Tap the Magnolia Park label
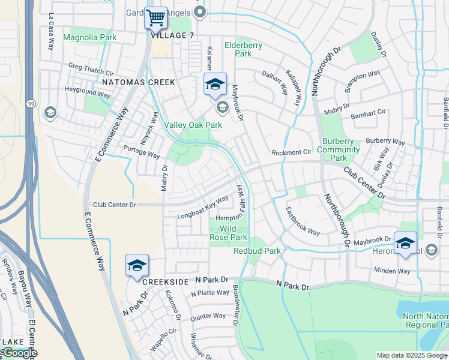[x=89, y=37]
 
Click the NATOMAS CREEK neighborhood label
[x=138, y=82]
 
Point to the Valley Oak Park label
[x=193, y=125]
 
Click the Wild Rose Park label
[x=229, y=233]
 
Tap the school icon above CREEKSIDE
[x=136, y=265]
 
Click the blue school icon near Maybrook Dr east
[x=405, y=243]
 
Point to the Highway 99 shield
[x=29, y=104]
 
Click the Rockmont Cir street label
[x=291, y=152]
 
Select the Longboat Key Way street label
[x=202, y=207]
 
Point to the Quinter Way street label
[x=208, y=316]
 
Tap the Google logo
[x=19, y=353]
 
